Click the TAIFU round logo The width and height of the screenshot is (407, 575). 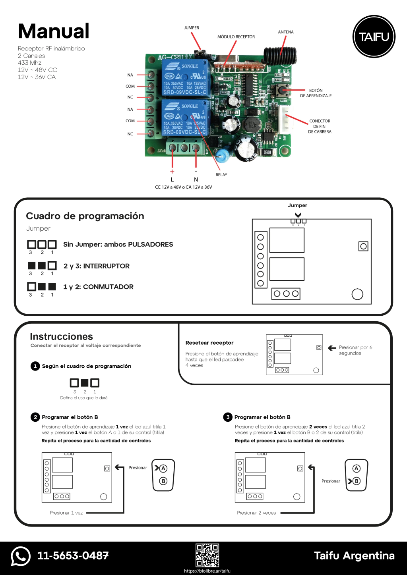(374, 37)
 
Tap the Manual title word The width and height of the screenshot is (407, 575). (54, 31)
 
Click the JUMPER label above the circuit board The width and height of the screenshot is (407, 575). (192, 28)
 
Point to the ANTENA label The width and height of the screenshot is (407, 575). (286, 32)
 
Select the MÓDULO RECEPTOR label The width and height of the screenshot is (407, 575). (236, 37)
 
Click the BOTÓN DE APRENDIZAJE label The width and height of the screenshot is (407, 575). (316, 93)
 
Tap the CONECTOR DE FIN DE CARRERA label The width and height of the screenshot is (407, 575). (320, 126)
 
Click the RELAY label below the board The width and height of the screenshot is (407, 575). (221, 175)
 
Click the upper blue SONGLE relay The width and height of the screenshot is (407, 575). (185, 78)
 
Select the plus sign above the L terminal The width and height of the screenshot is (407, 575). (172, 172)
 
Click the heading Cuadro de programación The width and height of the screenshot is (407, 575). (85, 216)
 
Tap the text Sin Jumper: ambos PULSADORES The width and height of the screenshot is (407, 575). (118, 244)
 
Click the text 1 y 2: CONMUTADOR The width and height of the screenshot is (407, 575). (98, 287)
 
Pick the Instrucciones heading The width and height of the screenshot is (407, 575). (61, 337)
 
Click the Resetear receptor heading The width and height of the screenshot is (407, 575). (209, 343)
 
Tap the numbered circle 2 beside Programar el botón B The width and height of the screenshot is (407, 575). (35, 417)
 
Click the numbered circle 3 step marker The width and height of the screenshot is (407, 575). (228, 417)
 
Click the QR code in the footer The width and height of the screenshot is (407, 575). (207, 555)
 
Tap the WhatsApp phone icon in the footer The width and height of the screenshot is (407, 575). (21, 556)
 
